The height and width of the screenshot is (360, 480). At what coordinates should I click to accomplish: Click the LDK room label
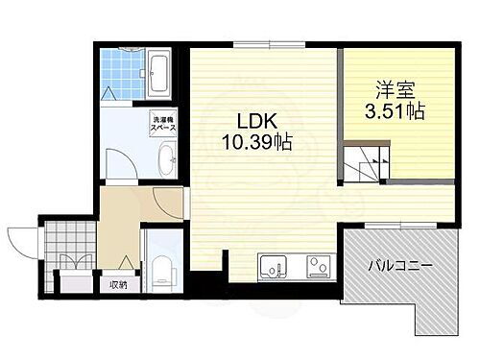click(x=252, y=124)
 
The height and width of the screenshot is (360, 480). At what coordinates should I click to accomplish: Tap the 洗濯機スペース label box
click(x=162, y=125)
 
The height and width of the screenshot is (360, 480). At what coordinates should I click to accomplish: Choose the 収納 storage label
click(x=117, y=284)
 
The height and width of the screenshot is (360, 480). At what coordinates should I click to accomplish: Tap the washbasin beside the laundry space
click(x=165, y=159)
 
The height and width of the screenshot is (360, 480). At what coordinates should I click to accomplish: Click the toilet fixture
click(x=160, y=264)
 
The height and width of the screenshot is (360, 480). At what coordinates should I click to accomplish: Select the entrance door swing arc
click(x=20, y=240)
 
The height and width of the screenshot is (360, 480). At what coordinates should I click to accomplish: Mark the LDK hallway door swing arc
click(x=163, y=204)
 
